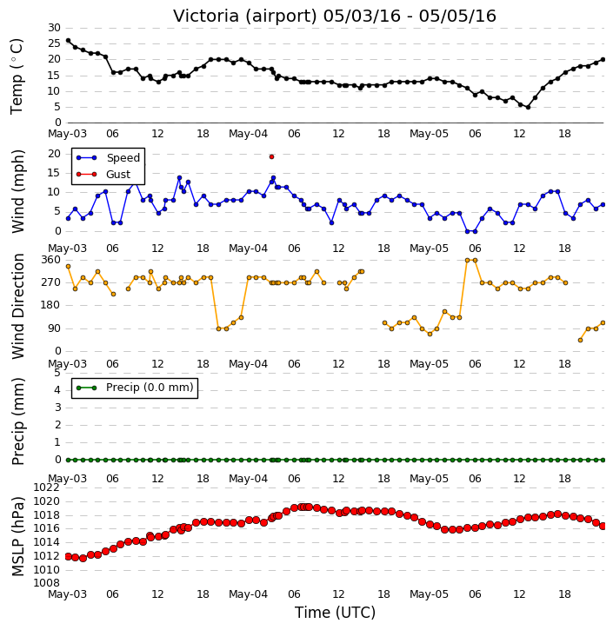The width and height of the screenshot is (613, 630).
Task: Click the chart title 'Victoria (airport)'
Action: point(246,17)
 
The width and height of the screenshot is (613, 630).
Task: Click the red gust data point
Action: point(272,157)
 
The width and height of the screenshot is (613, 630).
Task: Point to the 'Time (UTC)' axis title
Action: point(335,613)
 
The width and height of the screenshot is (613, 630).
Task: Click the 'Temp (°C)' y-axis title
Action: point(17,76)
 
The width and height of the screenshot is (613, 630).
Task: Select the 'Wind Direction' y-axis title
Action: point(18,306)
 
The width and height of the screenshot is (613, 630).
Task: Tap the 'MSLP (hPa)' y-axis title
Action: point(18,536)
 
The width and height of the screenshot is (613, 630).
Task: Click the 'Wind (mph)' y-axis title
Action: point(18,192)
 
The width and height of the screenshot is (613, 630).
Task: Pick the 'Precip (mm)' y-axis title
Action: point(18,421)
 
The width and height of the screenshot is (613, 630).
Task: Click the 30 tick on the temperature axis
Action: point(54,28)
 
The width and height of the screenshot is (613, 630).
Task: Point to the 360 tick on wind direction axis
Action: point(51,260)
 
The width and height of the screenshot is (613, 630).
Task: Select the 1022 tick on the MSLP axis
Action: point(47,487)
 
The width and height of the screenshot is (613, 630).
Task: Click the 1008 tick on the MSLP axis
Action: point(47,583)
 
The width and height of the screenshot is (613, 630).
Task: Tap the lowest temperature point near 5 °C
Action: point(528,107)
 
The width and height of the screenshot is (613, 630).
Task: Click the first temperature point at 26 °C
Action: point(68,41)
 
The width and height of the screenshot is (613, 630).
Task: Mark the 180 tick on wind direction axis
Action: point(51,305)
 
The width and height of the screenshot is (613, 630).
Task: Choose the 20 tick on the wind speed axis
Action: point(54,154)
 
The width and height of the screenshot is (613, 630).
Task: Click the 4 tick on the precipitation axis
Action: point(57,390)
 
